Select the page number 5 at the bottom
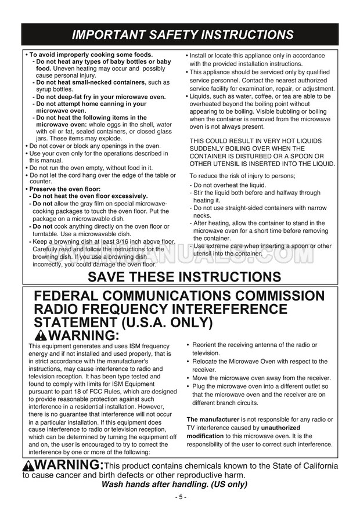180,497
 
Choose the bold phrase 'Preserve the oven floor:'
65,189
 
